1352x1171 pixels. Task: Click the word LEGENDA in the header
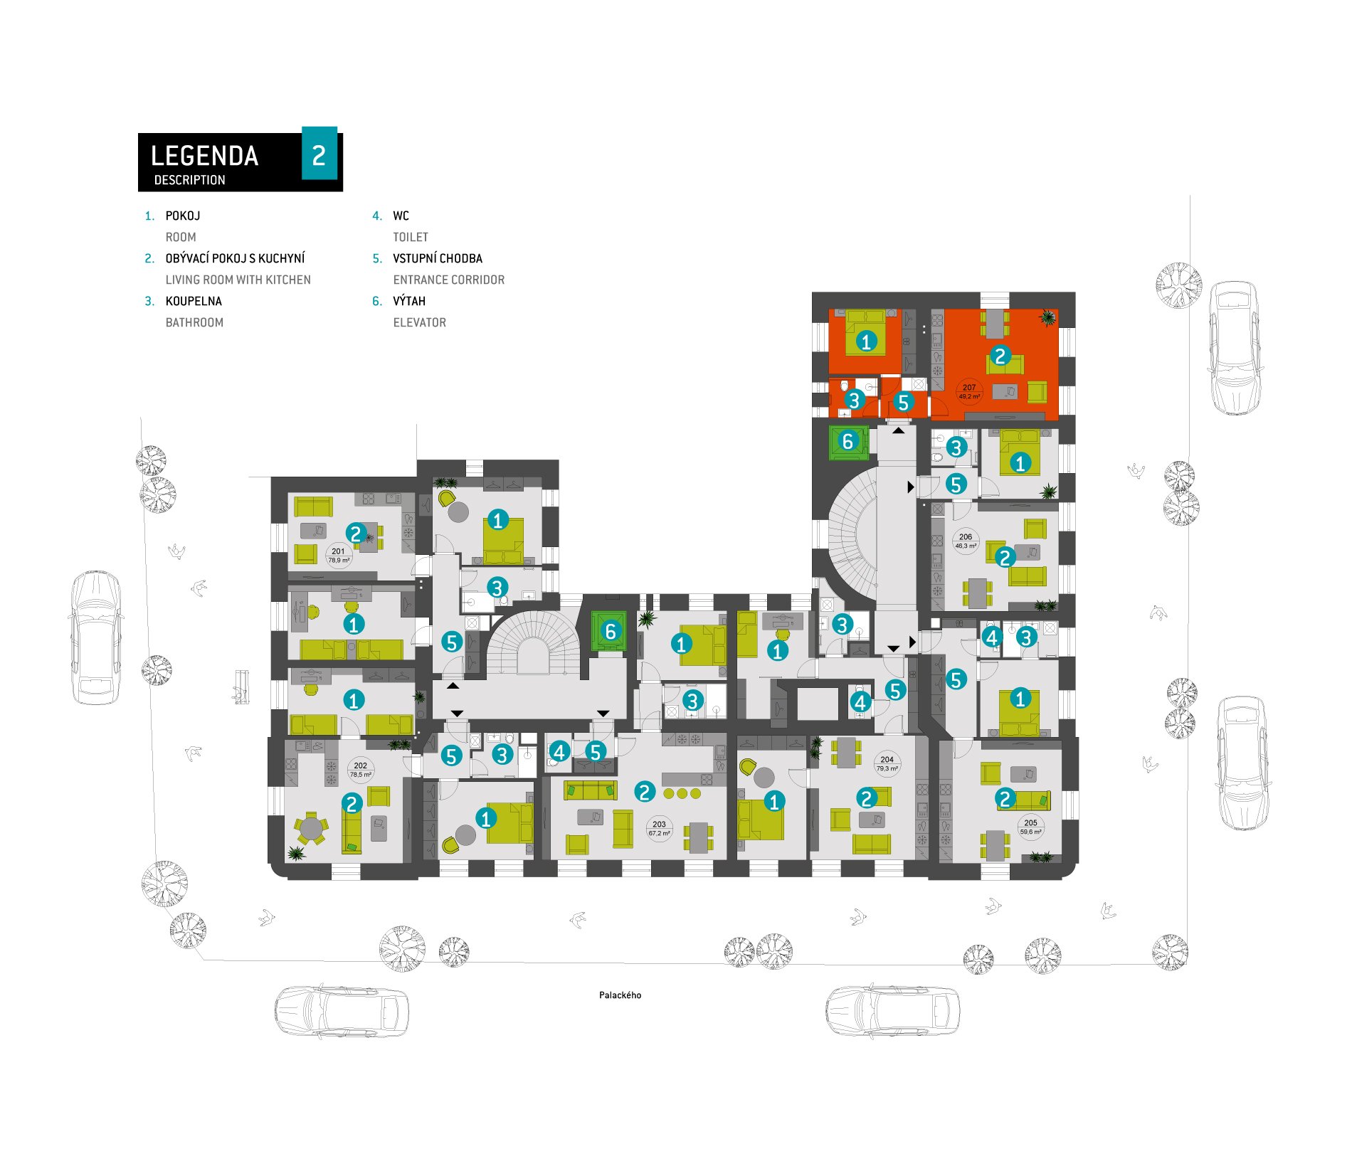[204, 156]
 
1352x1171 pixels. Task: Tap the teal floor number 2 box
[319, 154]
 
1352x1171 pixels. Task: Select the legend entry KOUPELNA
[194, 301]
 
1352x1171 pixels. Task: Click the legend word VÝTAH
[409, 301]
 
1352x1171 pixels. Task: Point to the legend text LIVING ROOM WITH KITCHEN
[238, 280]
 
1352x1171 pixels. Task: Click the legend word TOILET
[411, 237]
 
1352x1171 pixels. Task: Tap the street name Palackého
[620, 995]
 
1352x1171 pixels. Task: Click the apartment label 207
[969, 388]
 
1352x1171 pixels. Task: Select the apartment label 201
[338, 551]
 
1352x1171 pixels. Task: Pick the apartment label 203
[659, 825]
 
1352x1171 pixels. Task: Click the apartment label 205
[1030, 823]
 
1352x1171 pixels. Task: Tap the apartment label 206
[966, 537]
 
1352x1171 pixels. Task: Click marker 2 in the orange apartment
[1000, 356]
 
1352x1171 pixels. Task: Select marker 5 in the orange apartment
[904, 403]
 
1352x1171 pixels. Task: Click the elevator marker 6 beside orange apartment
[847, 441]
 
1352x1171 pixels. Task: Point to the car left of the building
[95, 637]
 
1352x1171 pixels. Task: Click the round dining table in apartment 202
[311, 828]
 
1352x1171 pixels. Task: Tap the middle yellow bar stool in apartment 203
[682, 793]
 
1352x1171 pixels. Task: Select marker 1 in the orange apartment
[866, 341]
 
